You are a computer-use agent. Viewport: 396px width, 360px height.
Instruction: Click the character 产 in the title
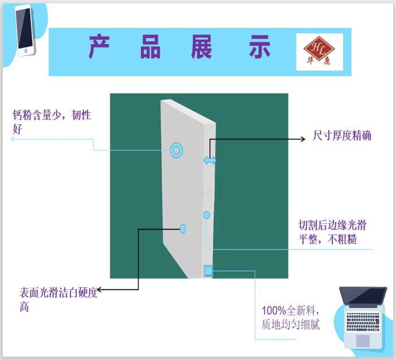click(99, 47)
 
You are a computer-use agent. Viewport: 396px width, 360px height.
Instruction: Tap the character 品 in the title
click(151, 47)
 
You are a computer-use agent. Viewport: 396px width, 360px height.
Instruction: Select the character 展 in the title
click(203, 47)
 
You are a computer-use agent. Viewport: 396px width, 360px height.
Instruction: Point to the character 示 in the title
click(260, 47)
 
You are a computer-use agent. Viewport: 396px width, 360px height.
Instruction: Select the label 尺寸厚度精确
click(342, 136)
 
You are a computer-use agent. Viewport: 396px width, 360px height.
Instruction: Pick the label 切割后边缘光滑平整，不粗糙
click(332, 232)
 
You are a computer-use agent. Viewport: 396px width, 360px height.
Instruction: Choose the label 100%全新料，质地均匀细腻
click(291, 318)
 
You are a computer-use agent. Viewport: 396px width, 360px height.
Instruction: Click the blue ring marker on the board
click(177, 150)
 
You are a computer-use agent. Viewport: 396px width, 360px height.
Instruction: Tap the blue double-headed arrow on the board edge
click(210, 161)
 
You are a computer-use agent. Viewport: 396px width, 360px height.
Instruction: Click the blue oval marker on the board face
click(183, 228)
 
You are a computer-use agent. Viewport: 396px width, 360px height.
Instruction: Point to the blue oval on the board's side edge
click(206, 215)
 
